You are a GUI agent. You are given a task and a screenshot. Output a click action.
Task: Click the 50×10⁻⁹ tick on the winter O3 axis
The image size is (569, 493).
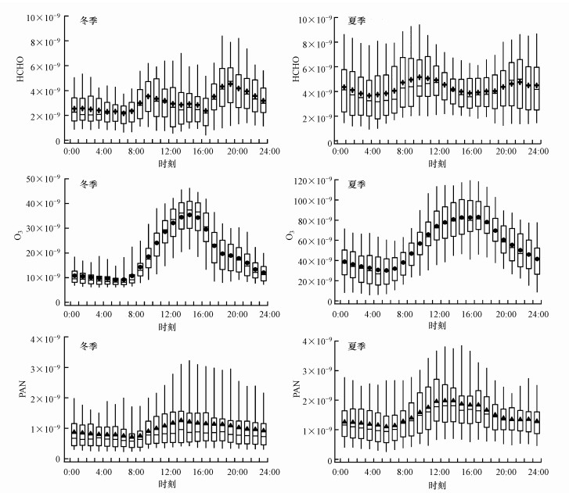pyautogui.click(x=45, y=180)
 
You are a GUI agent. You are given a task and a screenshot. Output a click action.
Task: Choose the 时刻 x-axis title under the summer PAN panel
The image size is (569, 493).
pyautogui.click(x=439, y=486)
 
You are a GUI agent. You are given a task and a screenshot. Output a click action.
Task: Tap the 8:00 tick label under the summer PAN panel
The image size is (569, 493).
pyautogui.click(x=406, y=473)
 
